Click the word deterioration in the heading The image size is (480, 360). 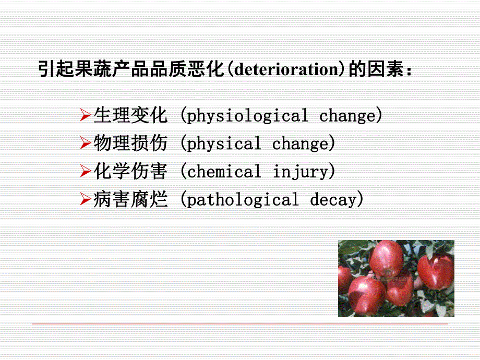pyautogui.click(x=286, y=69)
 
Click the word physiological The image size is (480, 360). pyautogui.click(x=247, y=116)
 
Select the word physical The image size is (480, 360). pyautogui.click(x=224, y=144)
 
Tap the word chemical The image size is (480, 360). pyautogui.click(x=224, y=172)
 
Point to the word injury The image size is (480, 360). pyautogui.click(x=300, y=172)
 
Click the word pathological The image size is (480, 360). pyautogui.click(x=243, y=200)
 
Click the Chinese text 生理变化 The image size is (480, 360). pyautogui.click(x=131, y=115)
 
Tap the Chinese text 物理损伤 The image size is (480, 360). pyautogui.click(x=131, y=143)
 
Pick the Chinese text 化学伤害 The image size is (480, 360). pyautogui.click(x=131, y=171)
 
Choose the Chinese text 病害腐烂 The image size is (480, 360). pyautogui.click(x=131, y=199)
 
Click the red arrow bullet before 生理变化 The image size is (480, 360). pyautogui.click(x=86, y=115)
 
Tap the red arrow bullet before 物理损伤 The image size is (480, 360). pyautogui.click(x=86, y=143)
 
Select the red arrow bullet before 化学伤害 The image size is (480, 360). pyautogui.click(x=86, y=171)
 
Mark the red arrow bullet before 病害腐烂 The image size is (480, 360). pyautogui.click(x=86, y=199)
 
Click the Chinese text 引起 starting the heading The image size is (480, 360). pyautogui.click(x=57, y=69)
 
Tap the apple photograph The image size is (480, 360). pyautogui.click(x=396, y=279)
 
